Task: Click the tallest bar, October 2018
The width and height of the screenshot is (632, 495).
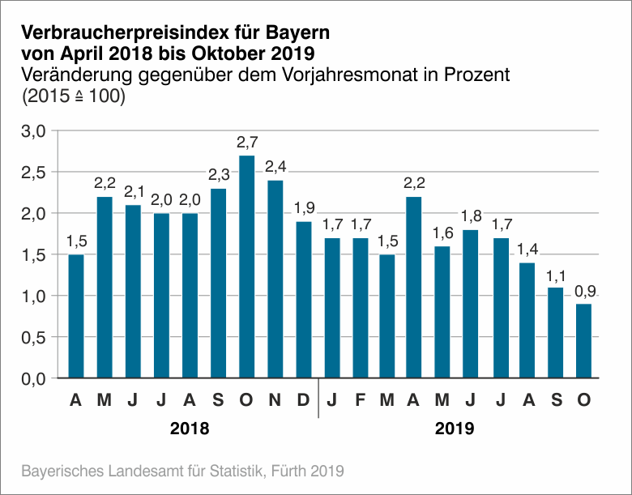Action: point(247,267)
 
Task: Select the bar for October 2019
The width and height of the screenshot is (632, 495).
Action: point(583,340)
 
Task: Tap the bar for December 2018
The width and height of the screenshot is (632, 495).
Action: point(304,299)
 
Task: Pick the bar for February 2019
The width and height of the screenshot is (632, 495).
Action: point(360,307)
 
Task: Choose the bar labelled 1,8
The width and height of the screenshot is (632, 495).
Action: point(471,303)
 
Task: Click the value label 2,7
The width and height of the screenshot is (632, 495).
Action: point(247,143)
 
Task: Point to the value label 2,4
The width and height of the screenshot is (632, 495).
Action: point(275,168)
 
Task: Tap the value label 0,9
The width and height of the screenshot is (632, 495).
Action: point(583,291)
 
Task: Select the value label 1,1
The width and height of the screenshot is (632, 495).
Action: point(555,275)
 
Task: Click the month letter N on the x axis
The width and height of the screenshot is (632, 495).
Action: point(275,399)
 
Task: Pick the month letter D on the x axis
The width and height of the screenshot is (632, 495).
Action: point(304,399)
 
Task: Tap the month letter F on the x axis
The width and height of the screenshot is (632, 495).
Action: point(360,399)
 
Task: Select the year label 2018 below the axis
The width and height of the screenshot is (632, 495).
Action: point(190,429)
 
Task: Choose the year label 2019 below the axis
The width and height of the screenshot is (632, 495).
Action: point(455,429)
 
